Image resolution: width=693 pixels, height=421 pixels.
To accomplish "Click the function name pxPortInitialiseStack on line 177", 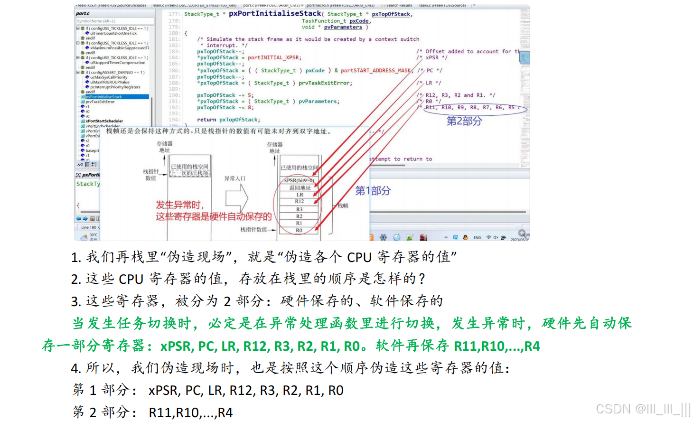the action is click(x=275, y=13).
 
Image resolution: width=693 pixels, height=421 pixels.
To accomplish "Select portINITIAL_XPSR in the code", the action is click(x=273, y=58).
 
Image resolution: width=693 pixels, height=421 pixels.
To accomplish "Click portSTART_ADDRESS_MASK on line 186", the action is click(x=376, y=71).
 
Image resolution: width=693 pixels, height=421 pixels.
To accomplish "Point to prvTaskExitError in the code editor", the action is click(x=325, y=83).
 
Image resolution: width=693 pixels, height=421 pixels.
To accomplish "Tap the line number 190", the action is click(x=174, y=95).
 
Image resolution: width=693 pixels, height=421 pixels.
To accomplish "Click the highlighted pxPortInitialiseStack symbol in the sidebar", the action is click(x=104, y=97).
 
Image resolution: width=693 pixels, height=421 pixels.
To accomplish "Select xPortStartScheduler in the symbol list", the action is click(x=104, y=121).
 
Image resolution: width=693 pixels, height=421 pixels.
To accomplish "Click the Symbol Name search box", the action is click(x=114, y=21).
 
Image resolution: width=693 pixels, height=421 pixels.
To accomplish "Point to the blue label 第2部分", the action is click(x=464, y=121).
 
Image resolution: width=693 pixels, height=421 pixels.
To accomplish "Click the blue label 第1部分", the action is click(x=373, y=191).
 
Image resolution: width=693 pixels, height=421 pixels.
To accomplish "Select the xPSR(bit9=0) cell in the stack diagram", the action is click(x=299, y=180).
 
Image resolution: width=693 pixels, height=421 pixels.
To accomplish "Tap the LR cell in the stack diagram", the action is click(x=300, y=195).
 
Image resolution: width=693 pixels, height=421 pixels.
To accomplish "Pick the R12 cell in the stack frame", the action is click(x=300, y=201).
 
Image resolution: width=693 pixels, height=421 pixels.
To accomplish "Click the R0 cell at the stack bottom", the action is click(x=299, y=230).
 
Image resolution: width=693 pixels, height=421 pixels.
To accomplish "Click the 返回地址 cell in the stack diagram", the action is click(x=300, y=188).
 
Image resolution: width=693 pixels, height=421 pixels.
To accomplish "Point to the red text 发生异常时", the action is click(x=180, y=205).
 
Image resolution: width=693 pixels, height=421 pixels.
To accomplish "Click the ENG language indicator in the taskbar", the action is click(x=477, y=237).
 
